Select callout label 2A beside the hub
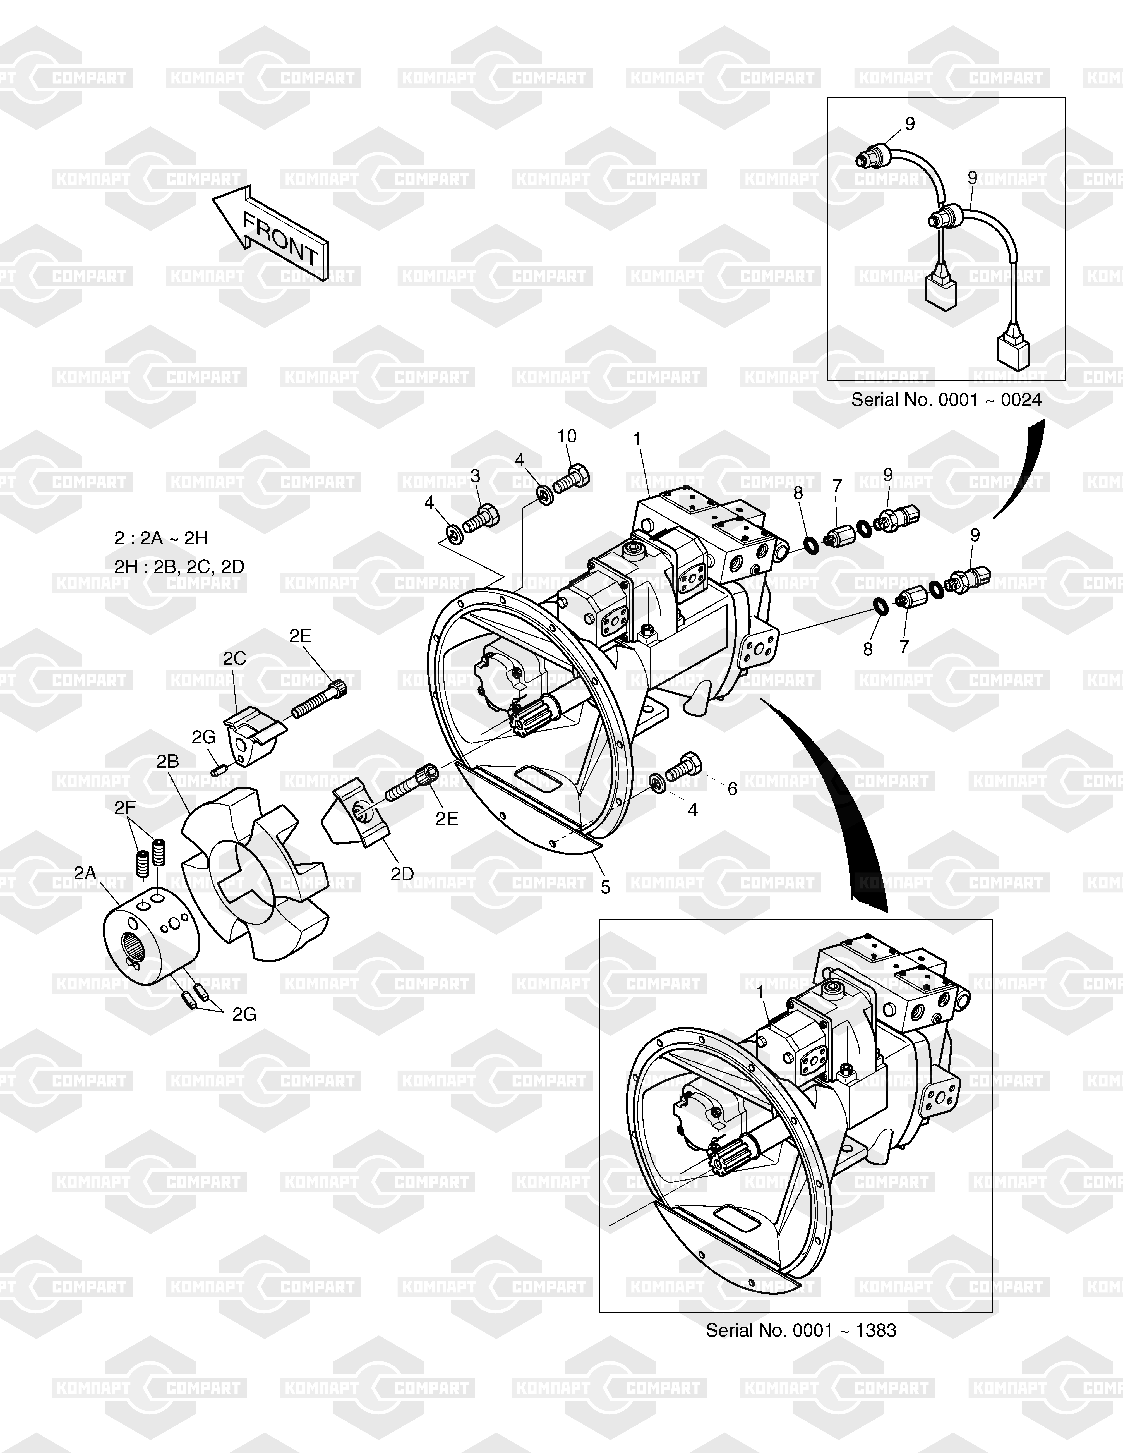[85, 873]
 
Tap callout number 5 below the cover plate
[605, 887]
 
